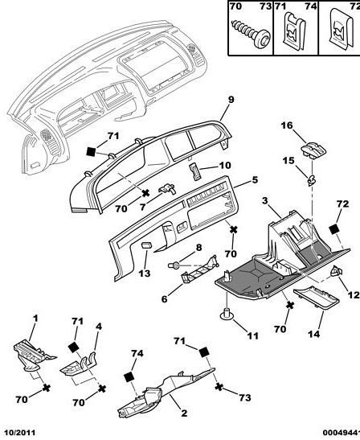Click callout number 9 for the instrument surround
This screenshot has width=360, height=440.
231,100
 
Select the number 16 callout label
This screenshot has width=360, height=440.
287,125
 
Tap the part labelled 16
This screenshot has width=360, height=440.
313,150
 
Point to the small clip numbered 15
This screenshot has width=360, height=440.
311,180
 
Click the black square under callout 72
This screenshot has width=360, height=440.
334,229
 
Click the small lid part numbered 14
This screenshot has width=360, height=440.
317,297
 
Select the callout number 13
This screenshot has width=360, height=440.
145,273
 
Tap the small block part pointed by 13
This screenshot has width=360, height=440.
146,245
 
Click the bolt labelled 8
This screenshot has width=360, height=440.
174,265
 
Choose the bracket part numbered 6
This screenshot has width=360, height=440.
199,270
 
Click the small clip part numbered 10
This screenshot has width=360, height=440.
196,171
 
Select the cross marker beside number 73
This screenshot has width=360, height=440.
219,387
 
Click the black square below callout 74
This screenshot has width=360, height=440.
129,376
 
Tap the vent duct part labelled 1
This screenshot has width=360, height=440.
33,355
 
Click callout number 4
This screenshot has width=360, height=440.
98,327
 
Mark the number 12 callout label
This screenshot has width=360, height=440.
354,295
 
